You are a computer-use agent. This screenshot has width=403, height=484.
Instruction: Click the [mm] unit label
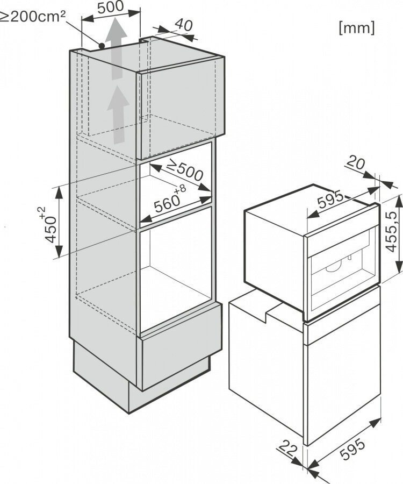click(x=357, y=28)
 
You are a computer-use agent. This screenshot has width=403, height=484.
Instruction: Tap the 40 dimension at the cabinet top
click(x=184, y=25)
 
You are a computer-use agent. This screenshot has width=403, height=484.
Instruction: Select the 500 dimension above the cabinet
click(x=110, y=7)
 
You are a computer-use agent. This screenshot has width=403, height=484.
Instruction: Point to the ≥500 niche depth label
click(x=184, y=170)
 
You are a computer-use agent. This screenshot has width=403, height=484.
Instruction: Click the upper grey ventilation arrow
click(x=116, y=48)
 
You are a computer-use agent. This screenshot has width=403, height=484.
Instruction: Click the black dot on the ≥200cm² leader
click(x=102, y=46)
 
